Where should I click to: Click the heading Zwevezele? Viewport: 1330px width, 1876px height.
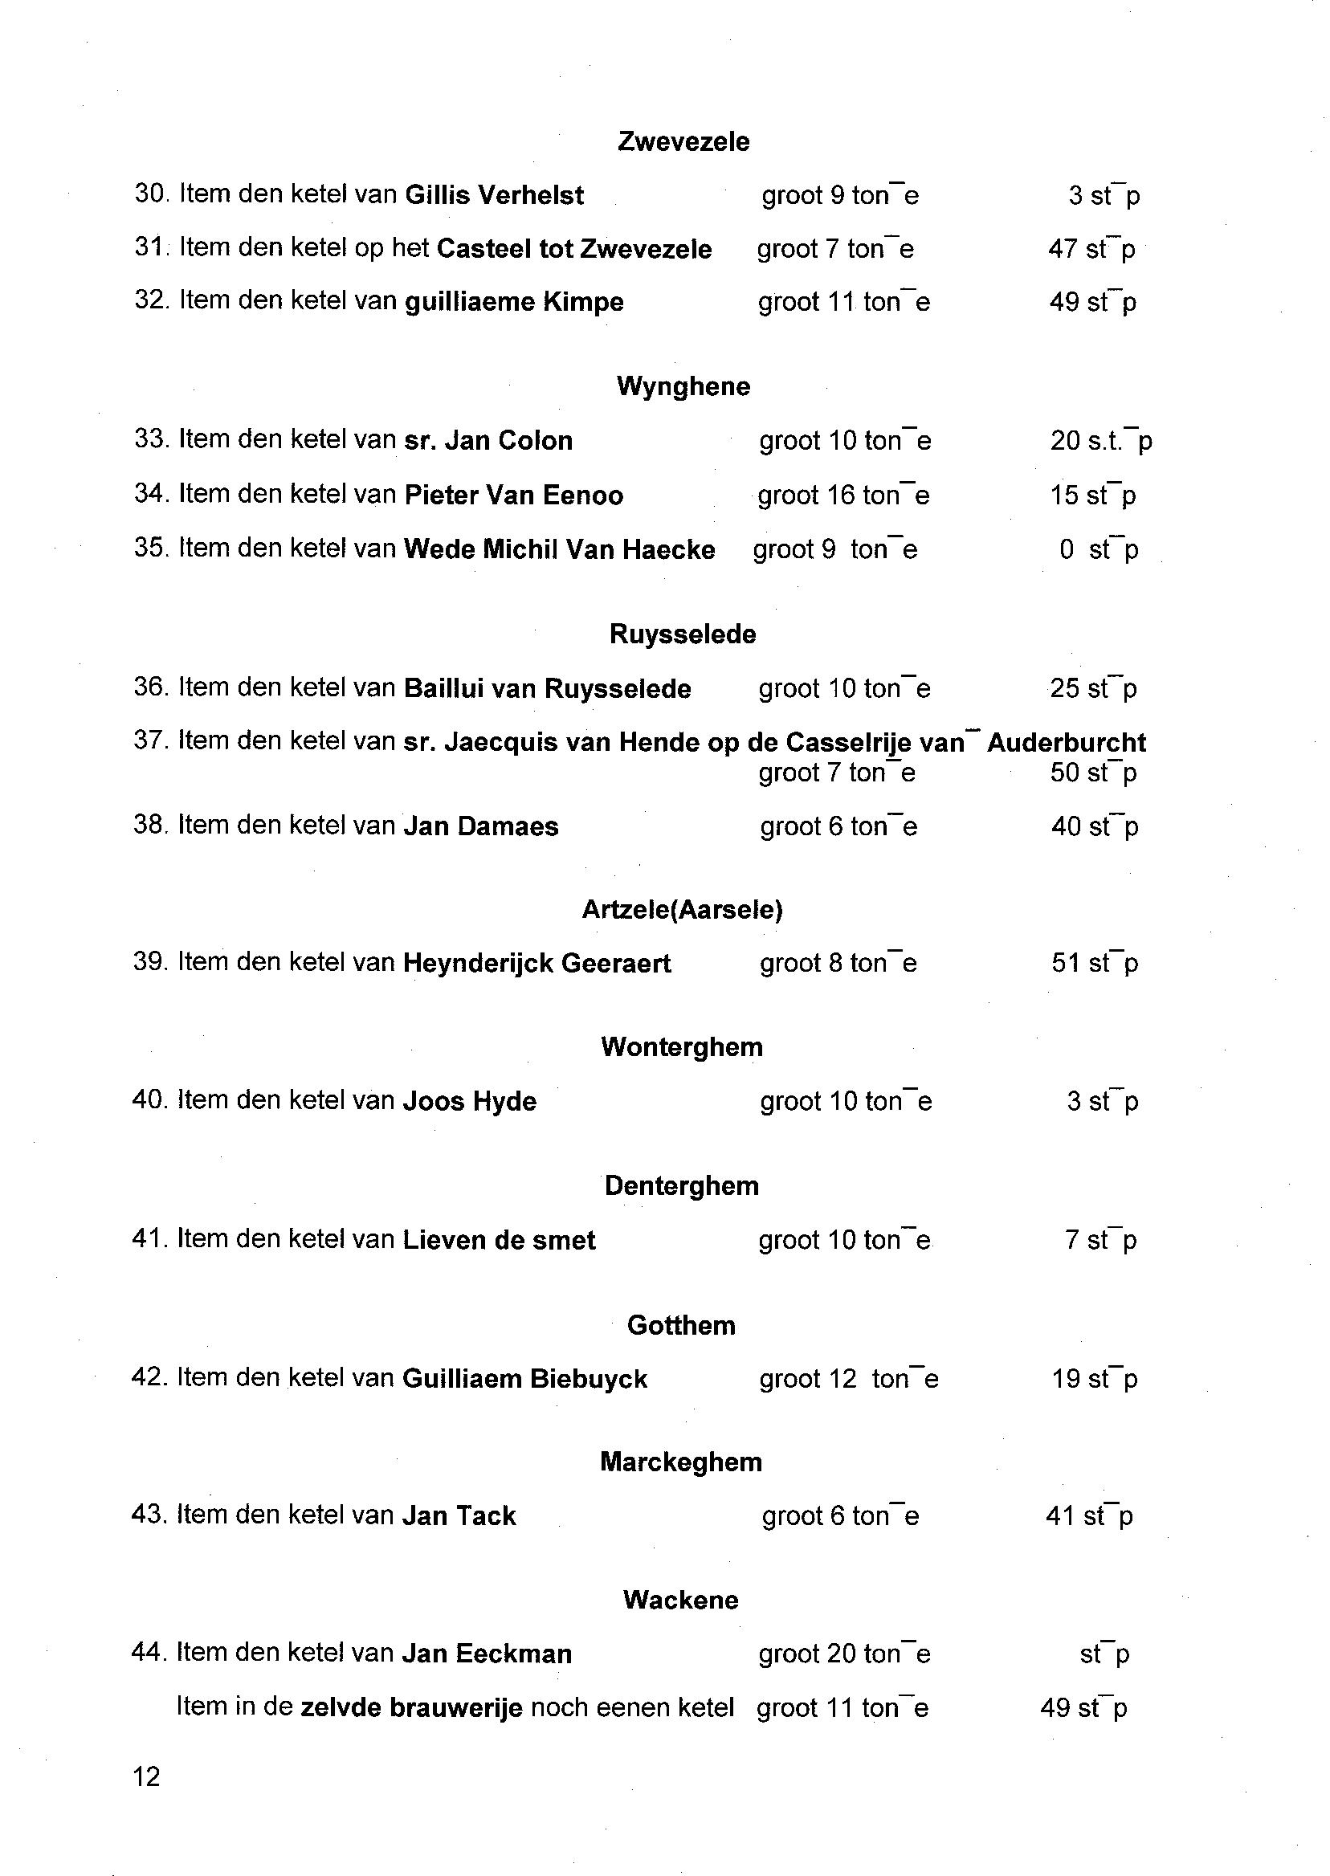tap(683, 141)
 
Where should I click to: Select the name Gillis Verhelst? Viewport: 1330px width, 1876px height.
tap(495, 196)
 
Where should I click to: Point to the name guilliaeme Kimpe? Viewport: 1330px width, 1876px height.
tap(514, 302)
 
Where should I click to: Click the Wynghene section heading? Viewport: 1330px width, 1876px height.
tap(683, 386)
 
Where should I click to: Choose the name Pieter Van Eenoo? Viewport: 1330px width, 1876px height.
tap(513, 496)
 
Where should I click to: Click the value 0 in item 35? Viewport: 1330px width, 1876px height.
tap(1066, 549)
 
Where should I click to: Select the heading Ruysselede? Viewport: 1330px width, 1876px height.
tap(682, 634)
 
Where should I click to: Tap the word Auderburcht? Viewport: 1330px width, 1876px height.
tap(1067, 743)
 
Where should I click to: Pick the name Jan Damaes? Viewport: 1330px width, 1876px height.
tap(481, 826)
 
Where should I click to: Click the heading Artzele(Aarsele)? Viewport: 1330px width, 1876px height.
tap(682, 910)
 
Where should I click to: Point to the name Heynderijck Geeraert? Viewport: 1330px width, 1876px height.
tap(536, 964)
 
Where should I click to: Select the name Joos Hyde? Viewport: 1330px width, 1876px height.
tap(469, 1101)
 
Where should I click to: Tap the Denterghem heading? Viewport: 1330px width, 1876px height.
tap(681, 1185)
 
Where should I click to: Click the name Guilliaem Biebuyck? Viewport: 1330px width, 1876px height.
tap(524, 1379)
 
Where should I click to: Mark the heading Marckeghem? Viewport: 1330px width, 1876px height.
tap(680, 1462)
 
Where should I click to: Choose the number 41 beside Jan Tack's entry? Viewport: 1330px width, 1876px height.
tap(1059, 1516)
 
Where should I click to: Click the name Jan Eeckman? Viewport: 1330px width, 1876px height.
tap(487, 1654)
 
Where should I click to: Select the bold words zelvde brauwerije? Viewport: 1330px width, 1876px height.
tap(411, 1708)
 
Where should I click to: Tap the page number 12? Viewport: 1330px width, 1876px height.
tap(146, 1777)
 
